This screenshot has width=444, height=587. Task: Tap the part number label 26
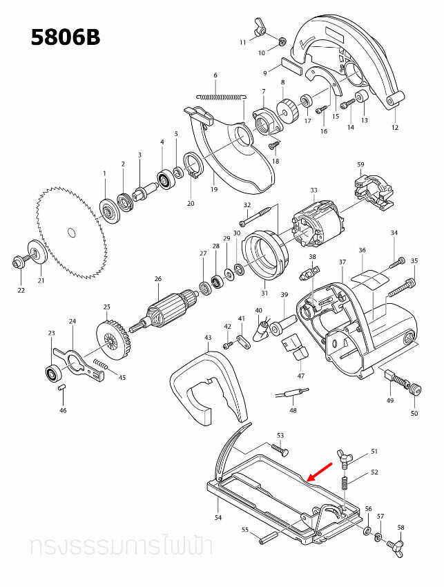tap(157, 279)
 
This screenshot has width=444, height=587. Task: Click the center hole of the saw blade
tap(69, 233)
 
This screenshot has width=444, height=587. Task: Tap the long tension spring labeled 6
tap(220, 96)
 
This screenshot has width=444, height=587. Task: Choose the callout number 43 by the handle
tap(208, 338)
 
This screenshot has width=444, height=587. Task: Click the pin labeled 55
tap(268, 537)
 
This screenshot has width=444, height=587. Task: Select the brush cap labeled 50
tap(414, 391)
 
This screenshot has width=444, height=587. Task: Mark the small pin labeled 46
tap(61, 389)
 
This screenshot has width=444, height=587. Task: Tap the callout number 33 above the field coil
tap(313, 191)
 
